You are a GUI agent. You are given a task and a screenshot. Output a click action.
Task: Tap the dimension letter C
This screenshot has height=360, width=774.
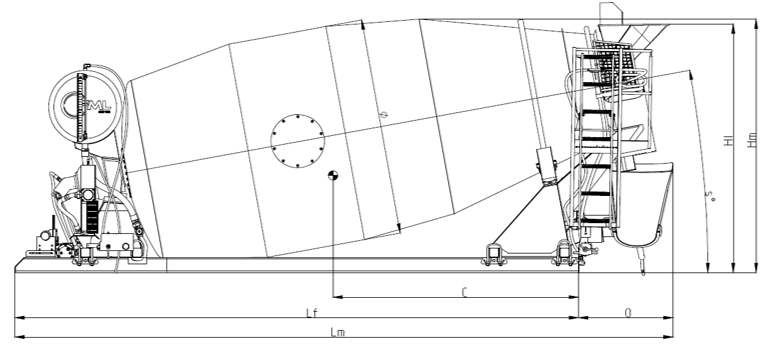[466, 292]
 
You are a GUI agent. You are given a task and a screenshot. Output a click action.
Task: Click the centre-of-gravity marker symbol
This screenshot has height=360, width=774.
[333, 176]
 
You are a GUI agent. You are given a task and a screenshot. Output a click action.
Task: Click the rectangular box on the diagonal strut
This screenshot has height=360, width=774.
[546, 164]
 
